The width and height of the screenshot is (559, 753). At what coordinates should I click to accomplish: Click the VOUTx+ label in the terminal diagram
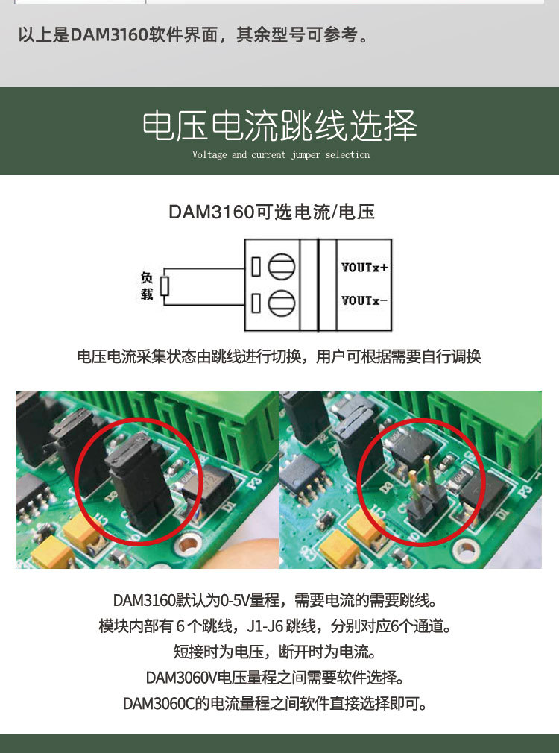pyautogui.click(x=364, y=268)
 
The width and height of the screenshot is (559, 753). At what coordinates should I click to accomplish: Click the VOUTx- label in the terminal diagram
pyautogui.click(x=364, y=300)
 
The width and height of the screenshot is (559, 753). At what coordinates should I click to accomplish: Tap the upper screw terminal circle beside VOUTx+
pyautogui.click(x=282, y=266)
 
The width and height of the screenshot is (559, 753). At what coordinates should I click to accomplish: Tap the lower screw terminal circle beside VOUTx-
pyautogui.click(x=282, y=303)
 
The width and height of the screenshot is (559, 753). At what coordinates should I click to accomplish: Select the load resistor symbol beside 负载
pyautogui.click(x=165, y=286)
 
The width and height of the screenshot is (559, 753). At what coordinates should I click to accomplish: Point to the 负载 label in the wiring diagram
pyautogui.click(x=147, y=286)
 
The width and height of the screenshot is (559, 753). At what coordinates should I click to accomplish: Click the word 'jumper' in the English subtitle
pyautogui.click(x=306, y=154)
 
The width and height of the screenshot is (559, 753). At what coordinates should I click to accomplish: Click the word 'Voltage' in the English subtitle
pyautogui.click(x=209, y=154)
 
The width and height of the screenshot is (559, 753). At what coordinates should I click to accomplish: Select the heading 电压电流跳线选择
pyautogui.click(x=279, y=125)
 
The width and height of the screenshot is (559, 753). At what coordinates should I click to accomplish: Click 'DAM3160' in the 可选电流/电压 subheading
pyautogui.click(x=211, y=212)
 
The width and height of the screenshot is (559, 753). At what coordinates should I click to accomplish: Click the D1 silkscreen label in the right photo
pyautogui.click(x=503, y=514)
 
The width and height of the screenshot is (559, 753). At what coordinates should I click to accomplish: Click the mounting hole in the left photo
pyautogui.click(x=186, y=544)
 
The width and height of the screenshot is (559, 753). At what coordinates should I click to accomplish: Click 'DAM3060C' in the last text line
pyautogui.click(x=159, y=704)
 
